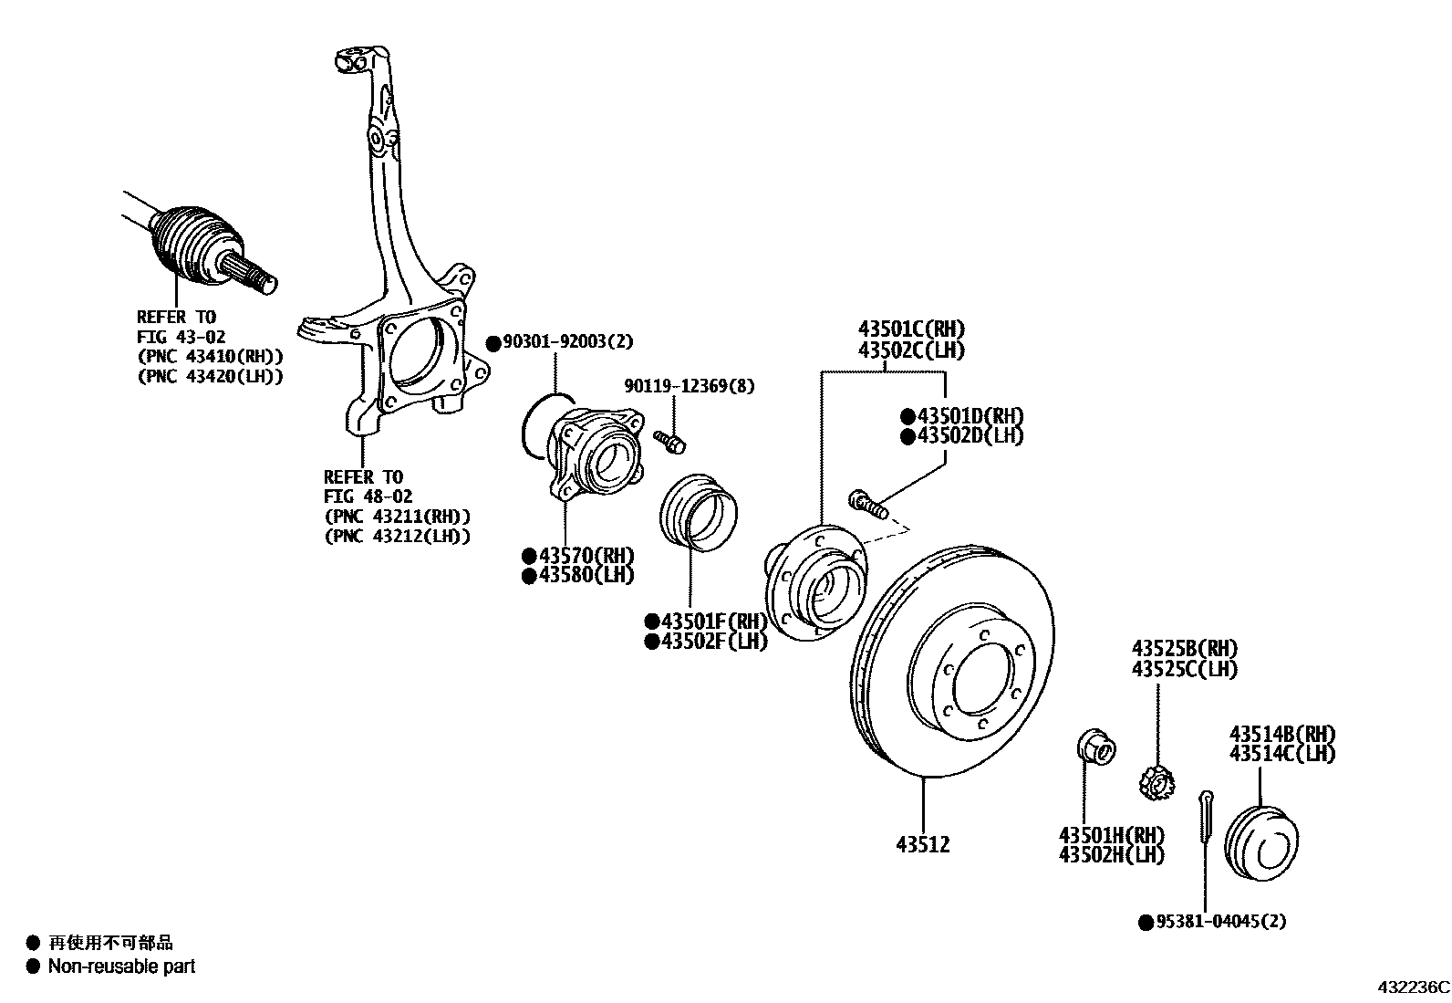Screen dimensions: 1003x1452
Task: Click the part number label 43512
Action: (922, 845)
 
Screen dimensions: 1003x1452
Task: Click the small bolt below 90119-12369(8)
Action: (671, 443)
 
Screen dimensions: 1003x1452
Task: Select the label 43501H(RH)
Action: (1111, 835)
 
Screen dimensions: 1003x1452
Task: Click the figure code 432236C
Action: (1413, 987)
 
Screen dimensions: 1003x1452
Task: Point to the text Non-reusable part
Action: (121, 966)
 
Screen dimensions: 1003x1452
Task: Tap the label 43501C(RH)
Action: (910, 329)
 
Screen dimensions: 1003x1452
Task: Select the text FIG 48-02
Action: (368, 496)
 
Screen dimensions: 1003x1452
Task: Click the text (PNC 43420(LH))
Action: (209, 375)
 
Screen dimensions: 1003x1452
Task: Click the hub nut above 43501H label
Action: (1095, 746)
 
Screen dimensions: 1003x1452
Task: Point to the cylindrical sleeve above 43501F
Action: (698, 512)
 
